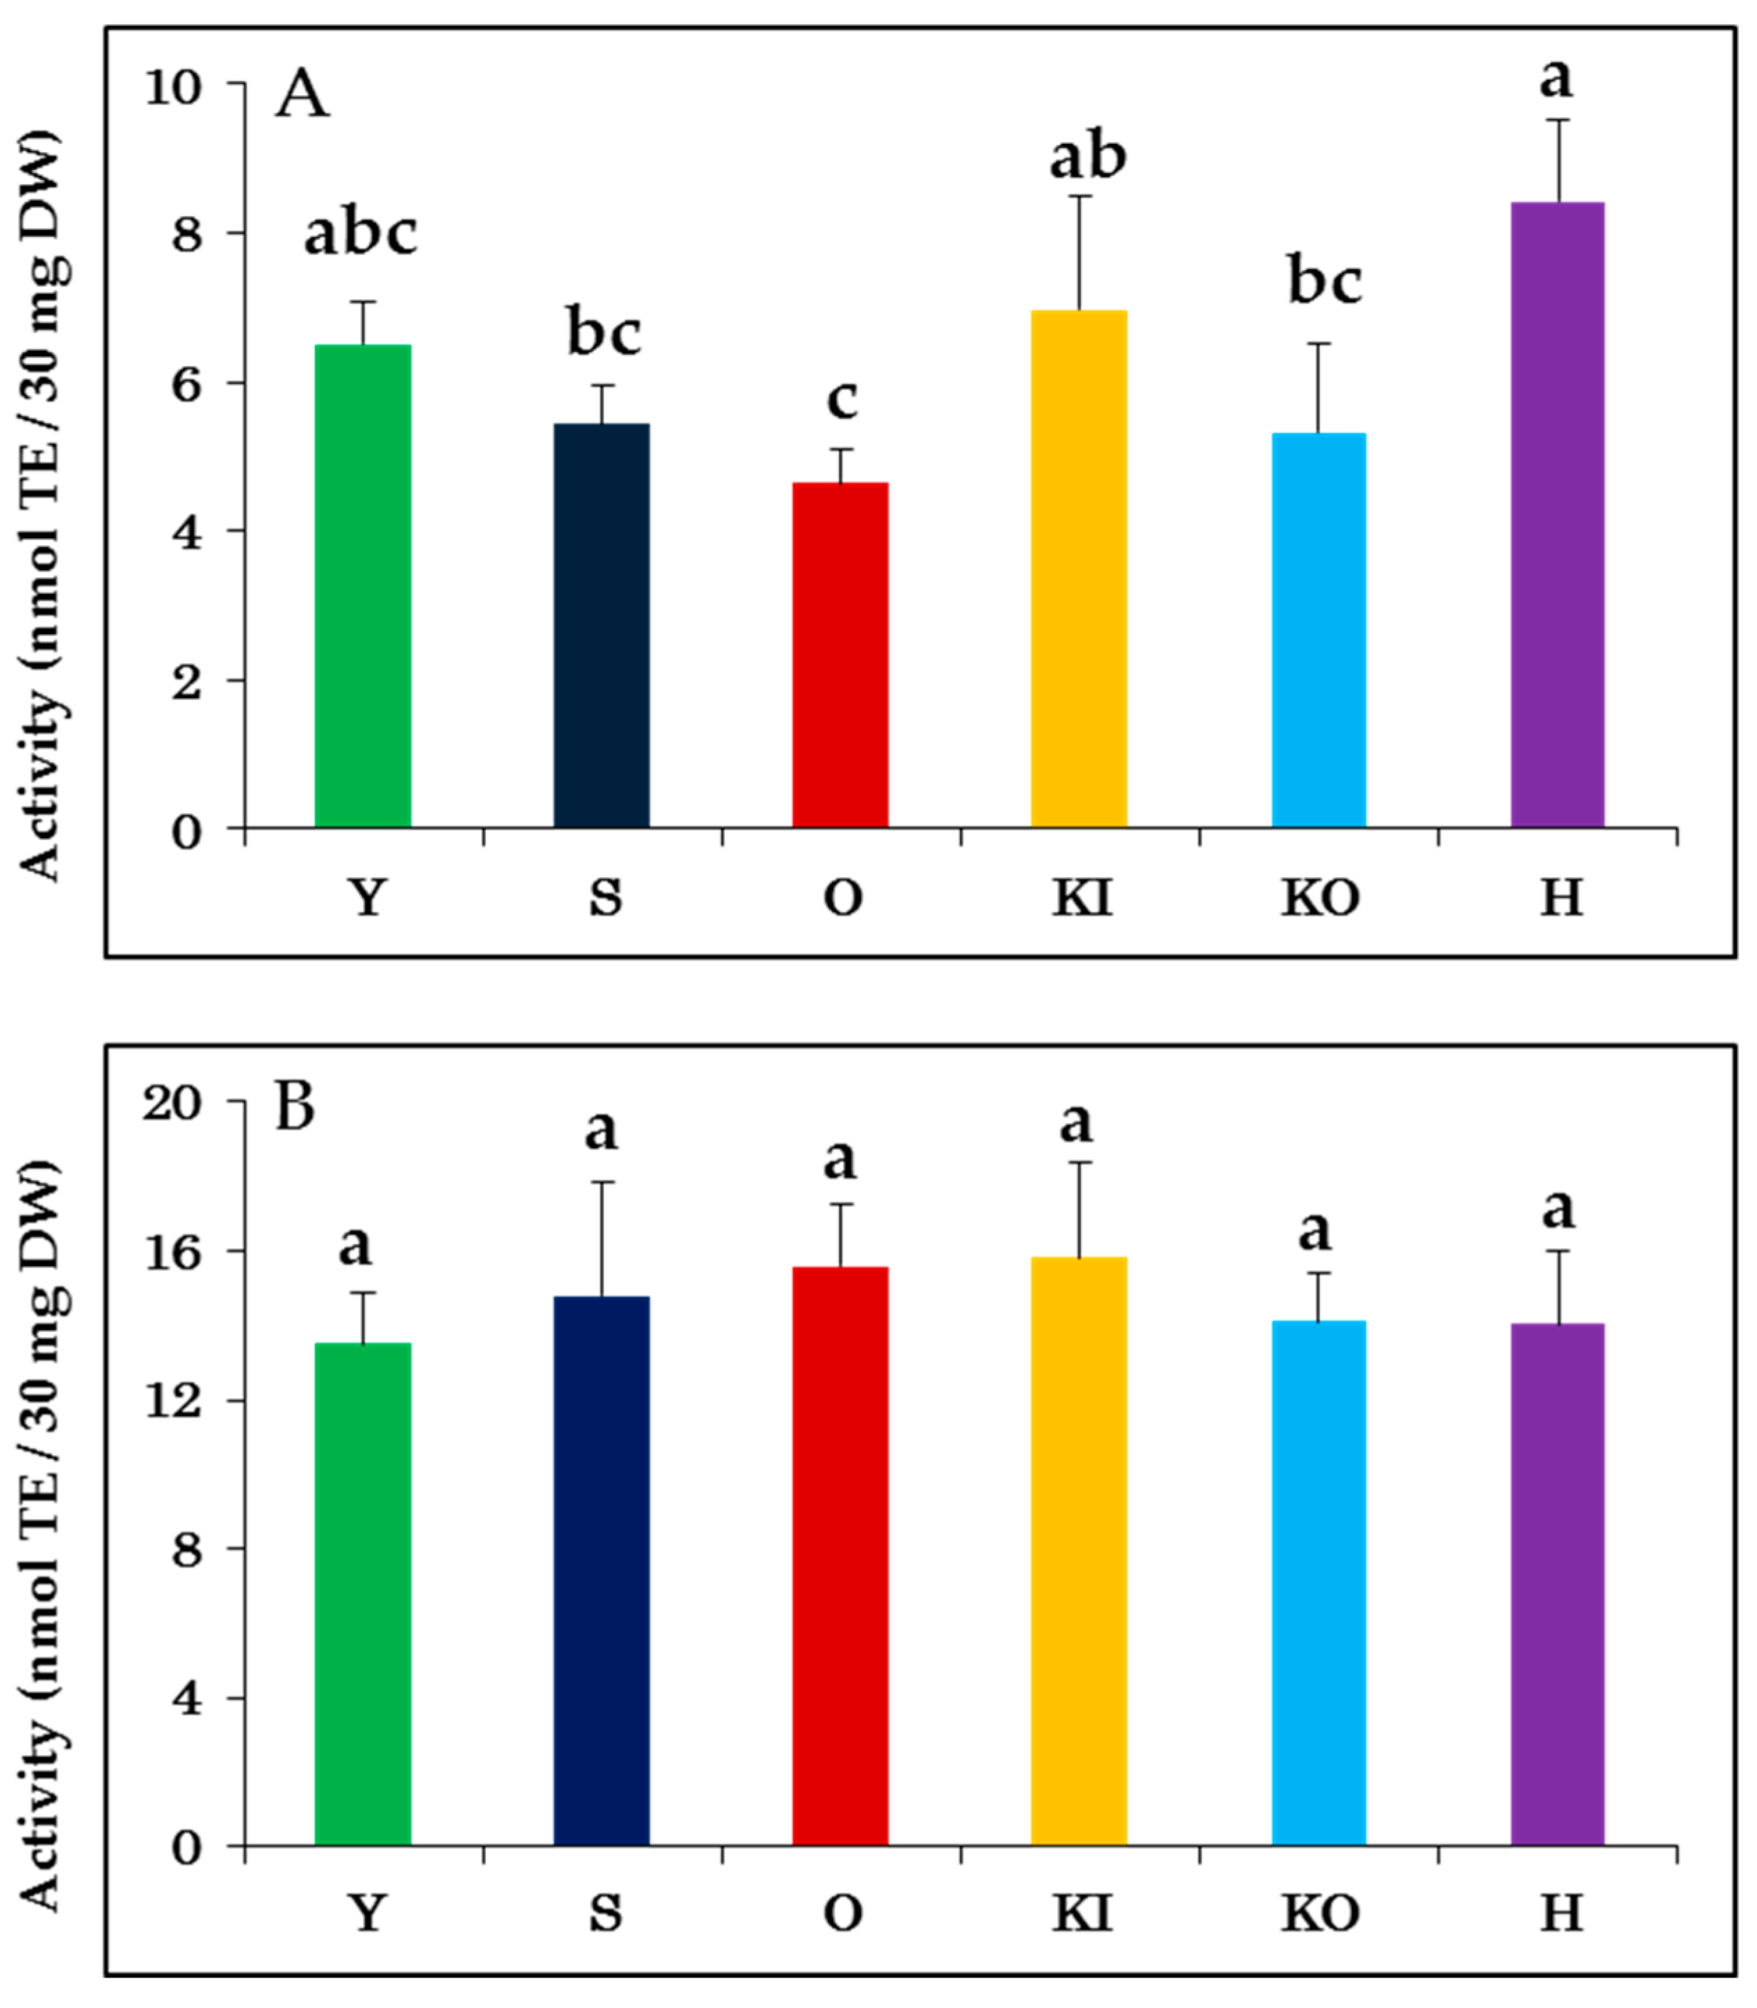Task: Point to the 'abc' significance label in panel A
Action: (x=361, y=233)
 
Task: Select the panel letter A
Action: (x=301, y=96)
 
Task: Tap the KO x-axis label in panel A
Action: (x=1320, y=897)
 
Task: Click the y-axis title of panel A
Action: (x=41, y=505)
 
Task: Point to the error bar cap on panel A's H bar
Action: (x=1558, y=119)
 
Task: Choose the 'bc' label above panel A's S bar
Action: (x=604, y=333)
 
